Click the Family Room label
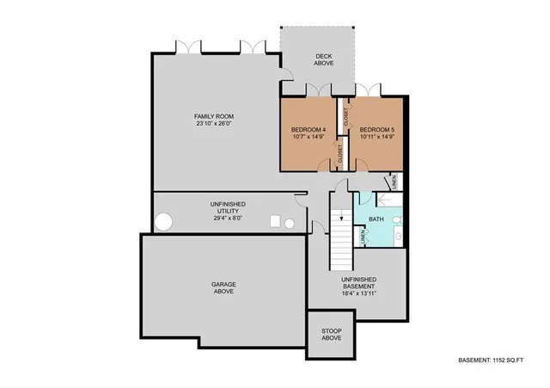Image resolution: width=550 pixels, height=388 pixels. pyautogui.click(x=213, y=116)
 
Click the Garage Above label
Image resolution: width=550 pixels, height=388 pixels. pyautogui.click(x=223, y=287)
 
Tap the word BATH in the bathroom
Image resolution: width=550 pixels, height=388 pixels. pyautogui.click(x=376, y=219)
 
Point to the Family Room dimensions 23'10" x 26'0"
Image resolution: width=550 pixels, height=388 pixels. pyautogui.click(x=213, y=126)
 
